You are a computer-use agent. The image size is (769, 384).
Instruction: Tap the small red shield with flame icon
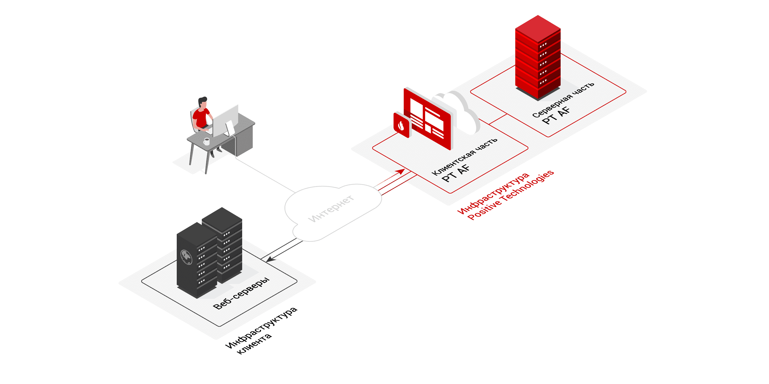click(401, 125)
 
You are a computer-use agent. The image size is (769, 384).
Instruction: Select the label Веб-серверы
click(241, 293)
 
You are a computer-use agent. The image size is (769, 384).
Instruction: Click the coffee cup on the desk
click(207, 142)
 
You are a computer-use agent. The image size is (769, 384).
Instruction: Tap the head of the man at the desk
click(202, 102)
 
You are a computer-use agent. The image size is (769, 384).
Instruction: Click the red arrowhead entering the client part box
click(401, 171)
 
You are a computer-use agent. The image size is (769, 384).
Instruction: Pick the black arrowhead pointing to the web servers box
click(270, 259)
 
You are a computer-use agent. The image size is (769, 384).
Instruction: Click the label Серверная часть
click(563, 100)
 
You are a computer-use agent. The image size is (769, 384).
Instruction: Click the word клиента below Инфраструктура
click(254, 344)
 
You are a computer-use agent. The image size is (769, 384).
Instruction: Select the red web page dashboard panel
click(427, 119)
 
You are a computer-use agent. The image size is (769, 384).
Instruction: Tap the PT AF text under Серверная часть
click(556, 115)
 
